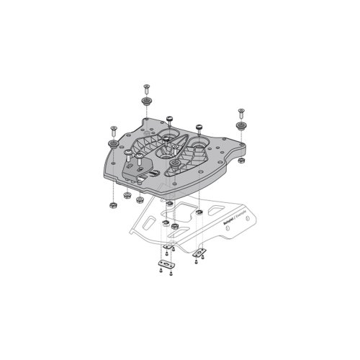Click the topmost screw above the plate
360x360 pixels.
[147, 88]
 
